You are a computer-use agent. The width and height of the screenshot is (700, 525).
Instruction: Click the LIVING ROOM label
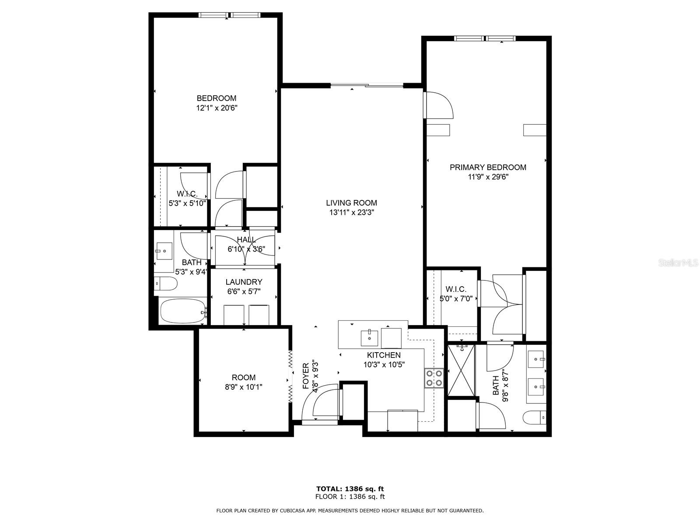click(351, 203)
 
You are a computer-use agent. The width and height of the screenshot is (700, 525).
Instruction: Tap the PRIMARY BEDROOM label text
click(488, 168)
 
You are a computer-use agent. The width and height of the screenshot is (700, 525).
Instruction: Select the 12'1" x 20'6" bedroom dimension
click(217, 108)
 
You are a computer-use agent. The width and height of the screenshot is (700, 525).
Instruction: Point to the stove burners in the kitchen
click(434, 378)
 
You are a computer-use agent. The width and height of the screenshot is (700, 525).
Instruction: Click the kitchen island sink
click(369, 338)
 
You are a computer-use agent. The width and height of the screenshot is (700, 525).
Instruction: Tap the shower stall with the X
click(461, 370)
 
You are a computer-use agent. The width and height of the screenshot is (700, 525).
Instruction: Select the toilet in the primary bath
click(535, 417)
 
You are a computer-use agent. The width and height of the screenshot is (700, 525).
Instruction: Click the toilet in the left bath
click(165, 283)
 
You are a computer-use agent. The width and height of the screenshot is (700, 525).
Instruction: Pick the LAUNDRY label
click(244, 282)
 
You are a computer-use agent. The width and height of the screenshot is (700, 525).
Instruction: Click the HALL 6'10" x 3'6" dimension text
click(246, 249)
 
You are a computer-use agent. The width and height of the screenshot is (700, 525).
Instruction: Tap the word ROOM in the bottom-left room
click(244, 378)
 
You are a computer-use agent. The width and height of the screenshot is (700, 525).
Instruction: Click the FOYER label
click(305, 376)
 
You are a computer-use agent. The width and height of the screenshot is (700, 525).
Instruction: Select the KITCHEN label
click(384, 355)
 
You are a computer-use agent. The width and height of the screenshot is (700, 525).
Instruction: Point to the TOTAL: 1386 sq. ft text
click(350, 489)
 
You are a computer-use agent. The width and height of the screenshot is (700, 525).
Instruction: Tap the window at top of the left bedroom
click(229, 15)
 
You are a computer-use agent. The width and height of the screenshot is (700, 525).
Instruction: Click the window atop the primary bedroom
click(485, 38)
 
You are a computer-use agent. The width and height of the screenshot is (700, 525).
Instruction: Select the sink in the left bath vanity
click(164, 251)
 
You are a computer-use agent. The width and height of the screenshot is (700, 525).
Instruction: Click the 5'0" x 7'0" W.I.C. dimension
click(456, 299)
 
